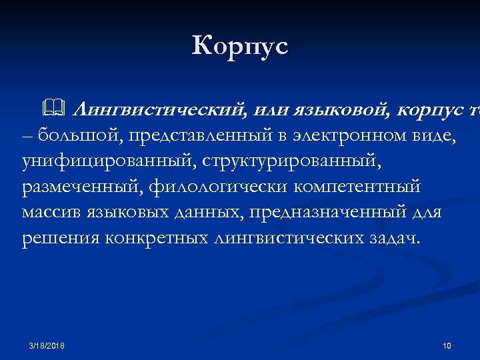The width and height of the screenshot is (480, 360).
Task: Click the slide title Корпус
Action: tap(240, 47)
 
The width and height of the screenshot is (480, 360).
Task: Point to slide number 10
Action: tap(447, 345)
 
